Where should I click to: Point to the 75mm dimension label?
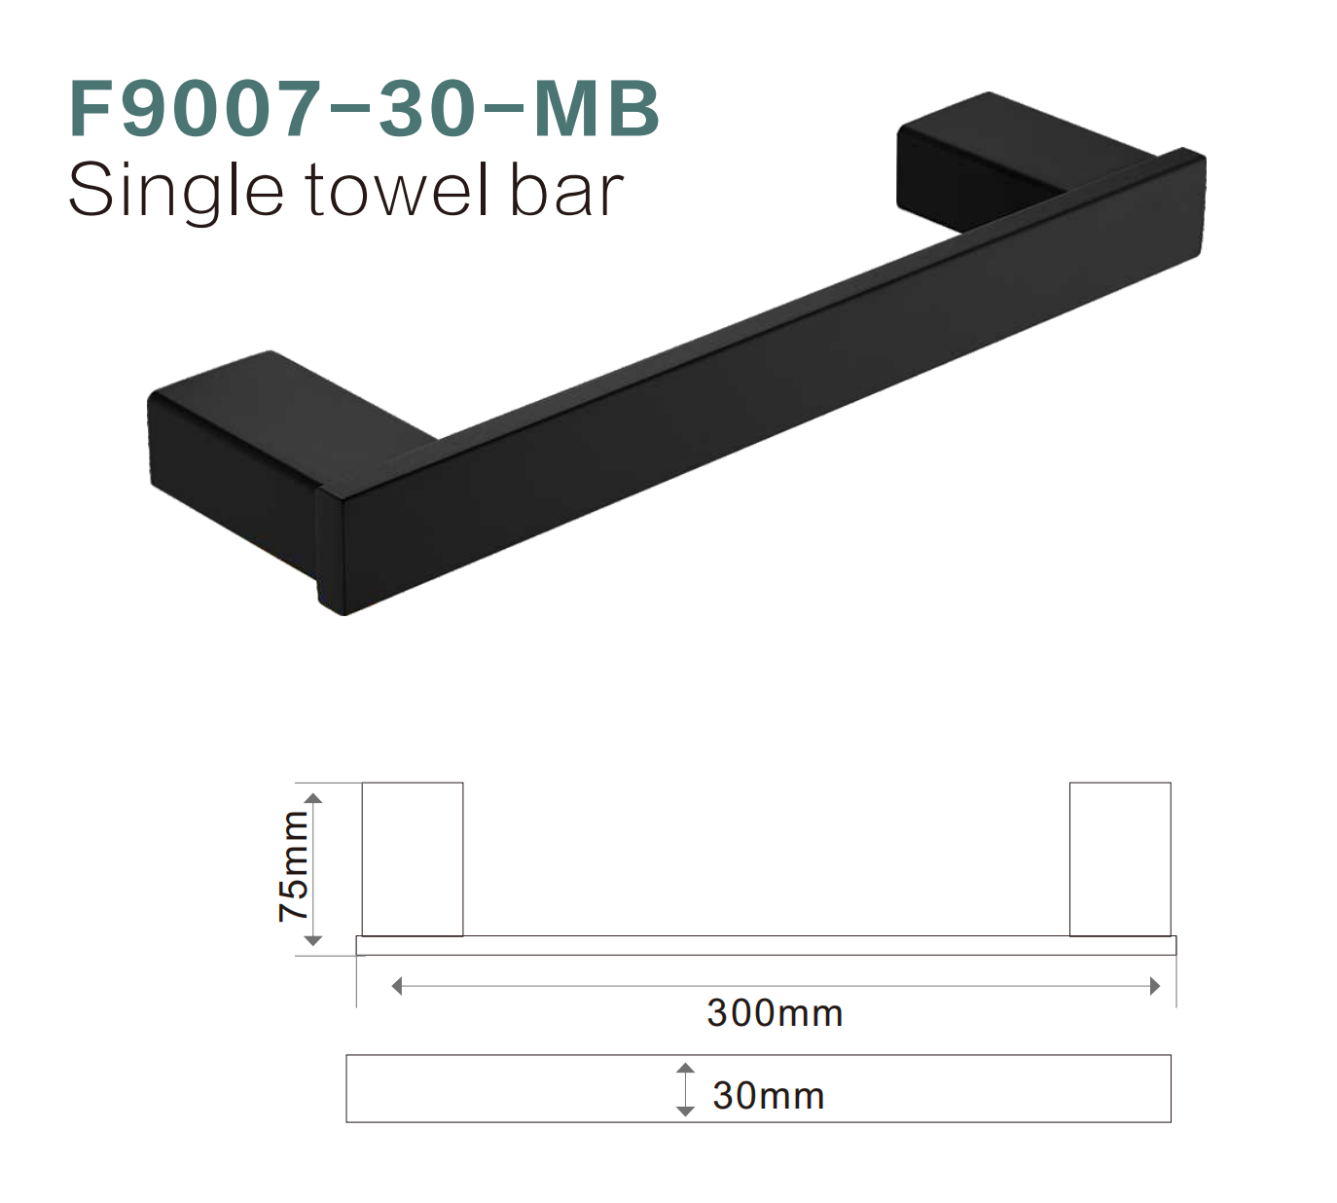(293, 867)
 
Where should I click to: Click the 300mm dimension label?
(775, 1013)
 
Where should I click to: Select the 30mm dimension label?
(768, 1096)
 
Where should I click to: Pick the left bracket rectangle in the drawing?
(413, 858)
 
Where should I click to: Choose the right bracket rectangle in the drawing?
(1120, 858)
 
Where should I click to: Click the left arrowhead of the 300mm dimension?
(396, 986)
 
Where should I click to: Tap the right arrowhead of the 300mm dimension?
(1155, 986)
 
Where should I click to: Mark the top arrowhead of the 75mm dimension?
(313, 798)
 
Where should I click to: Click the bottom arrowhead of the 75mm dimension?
(313, 940)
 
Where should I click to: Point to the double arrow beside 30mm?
(685, 1089)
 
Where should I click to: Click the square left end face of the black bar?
(331, 550)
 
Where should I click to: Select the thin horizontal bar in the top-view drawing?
(766, 945)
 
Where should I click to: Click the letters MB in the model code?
(596, 108)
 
